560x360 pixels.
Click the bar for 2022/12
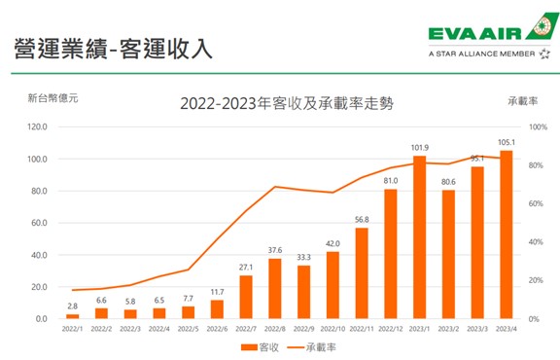pos(390,254)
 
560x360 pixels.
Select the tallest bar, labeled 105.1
pos(507,234)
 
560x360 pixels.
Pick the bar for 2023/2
pos(448,254)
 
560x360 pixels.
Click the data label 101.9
pos(419,148)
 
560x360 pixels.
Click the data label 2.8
pos(72,306)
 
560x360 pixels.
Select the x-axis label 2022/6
pos(217,330)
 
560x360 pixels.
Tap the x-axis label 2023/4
pos(507,330)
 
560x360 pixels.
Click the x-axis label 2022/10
pos(332,330)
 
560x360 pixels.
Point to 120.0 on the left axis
pos(35,126)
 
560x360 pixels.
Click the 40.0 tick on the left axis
pos(37,255)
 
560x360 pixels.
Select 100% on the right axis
pos(538,126)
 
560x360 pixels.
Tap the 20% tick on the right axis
pos(536,280)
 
